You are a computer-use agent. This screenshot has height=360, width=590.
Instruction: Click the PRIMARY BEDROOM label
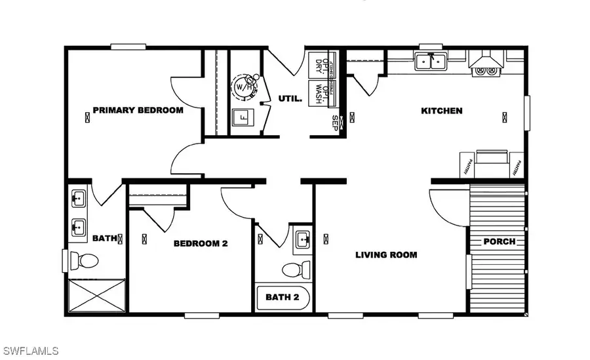[x=138, y=110]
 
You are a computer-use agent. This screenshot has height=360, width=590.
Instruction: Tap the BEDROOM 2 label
[x=200, y=243]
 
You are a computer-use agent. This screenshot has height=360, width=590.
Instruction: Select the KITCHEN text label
[x=441, y=111]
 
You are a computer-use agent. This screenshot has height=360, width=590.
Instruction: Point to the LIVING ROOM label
[x=386, y=255]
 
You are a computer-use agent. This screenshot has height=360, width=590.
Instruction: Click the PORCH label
[x=499, y=241]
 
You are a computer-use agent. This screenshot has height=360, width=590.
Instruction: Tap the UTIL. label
[x=290, y=100]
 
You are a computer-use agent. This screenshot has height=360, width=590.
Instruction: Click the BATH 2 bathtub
[x=283, y=297]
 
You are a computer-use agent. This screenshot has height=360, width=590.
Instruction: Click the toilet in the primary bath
[x=84, y=260]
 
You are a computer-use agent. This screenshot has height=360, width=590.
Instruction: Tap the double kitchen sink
[x=431, y=62]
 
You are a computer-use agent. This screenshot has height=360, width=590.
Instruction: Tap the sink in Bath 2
[x=302, y=237]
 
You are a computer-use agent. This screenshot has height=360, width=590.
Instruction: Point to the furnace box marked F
[x=242, y=119]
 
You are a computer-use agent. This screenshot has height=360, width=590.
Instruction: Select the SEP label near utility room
[x=335, y=122]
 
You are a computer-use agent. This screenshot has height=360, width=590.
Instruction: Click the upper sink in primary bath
[x=77, y=197]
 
